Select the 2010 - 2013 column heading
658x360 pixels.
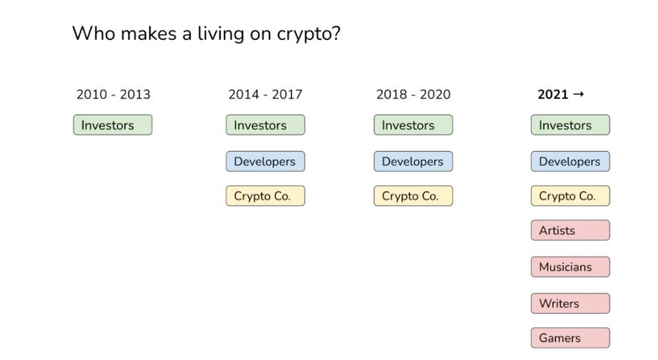113,94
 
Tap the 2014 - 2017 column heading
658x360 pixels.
265,94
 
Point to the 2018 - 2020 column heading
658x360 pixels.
413,94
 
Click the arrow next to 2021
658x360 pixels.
579,94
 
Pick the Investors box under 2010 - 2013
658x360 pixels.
113,125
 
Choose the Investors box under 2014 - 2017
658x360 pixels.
265,125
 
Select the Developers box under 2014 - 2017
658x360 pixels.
265,162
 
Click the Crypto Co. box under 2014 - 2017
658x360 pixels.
265,196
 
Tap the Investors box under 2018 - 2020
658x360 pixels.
413,125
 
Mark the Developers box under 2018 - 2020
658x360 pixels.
413,162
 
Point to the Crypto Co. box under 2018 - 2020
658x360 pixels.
413,196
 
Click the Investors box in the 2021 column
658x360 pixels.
570,125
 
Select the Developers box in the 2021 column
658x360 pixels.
570,162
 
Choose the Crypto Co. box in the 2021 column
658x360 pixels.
570,196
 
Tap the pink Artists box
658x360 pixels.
570,230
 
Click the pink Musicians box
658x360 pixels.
570,267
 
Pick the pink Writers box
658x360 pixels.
570,304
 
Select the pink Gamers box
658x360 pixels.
570,338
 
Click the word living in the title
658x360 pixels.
221,34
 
